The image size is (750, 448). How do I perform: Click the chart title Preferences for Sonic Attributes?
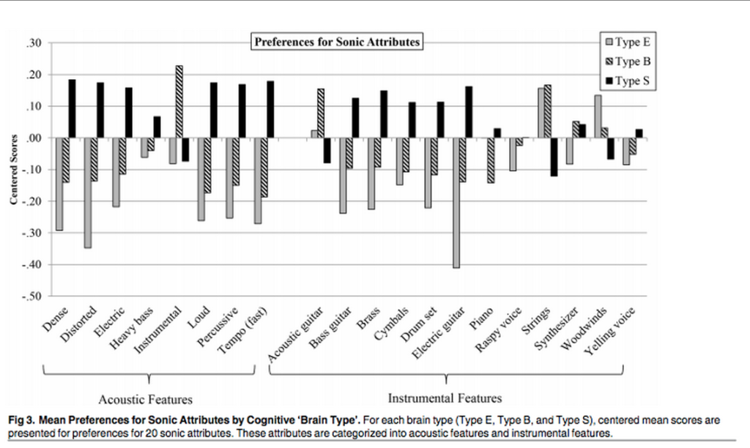337,42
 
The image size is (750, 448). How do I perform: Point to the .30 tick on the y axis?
33,43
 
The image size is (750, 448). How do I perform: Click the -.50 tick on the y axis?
31,296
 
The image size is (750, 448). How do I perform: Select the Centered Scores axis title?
13,170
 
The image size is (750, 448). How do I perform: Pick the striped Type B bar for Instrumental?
179,102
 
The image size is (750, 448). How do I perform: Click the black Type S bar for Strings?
554,157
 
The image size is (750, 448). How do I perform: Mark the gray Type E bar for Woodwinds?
598,116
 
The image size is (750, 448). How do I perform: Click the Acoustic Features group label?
146,399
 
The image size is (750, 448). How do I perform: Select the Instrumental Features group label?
445,398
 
